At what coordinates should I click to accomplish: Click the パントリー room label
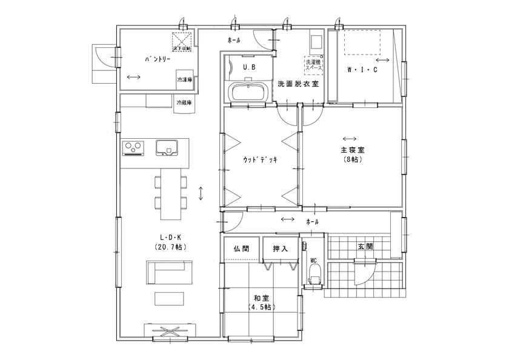(x=158, y=60)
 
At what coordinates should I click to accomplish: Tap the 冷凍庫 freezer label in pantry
(x=184, y=80)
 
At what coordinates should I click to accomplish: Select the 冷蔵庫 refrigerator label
(x=184, y=103)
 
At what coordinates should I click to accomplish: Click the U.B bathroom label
(x=248, y=67)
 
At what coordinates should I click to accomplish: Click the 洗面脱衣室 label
(x=298, y=84)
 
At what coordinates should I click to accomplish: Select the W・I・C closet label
(x=362, y=70)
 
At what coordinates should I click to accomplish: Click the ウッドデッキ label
(x=260, y=159)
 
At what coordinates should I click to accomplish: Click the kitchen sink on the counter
(x=166, y=147)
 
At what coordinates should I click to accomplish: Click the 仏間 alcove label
(x=241, y=248)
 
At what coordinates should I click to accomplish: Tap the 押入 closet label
(x=279, y=248)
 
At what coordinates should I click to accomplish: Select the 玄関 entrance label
(x=365, y=247)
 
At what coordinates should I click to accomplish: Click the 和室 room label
(x=262, y=298)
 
